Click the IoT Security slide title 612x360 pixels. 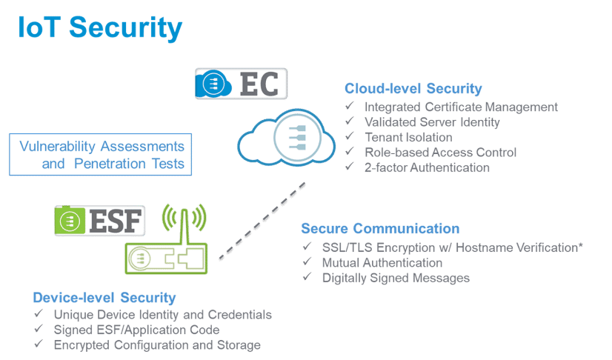pyautogui.click(x=100, y=28)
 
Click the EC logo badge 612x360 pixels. pyautogui.click(x=241, y=83)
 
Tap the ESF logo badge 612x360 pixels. pyautogui.click(x=100, y=220)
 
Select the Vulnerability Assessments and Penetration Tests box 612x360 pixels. pyautogui.click(x=101, y=154)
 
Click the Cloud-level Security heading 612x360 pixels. pyautogui.click(x=413, y=89)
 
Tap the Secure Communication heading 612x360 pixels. pyautogui.click(x=380, y=228)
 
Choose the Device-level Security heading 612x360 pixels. pyautogui.click(x=104, y=298)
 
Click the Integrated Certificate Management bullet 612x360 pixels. pyautogui.click(x=460, y=107)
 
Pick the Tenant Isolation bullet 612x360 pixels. pyautogui.click(x=408, y=138)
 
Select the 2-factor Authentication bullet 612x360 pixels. pyautogui.click(x=427, y=168)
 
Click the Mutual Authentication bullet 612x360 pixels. pyautogui.click(x=382, y=263)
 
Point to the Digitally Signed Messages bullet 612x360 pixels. pyautogui.click(x=396, y=279)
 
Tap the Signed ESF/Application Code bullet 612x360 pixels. pyautogui.click(x=136, y=330)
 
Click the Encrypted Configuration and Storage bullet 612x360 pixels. pyautogui.click(x=157, y=346)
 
